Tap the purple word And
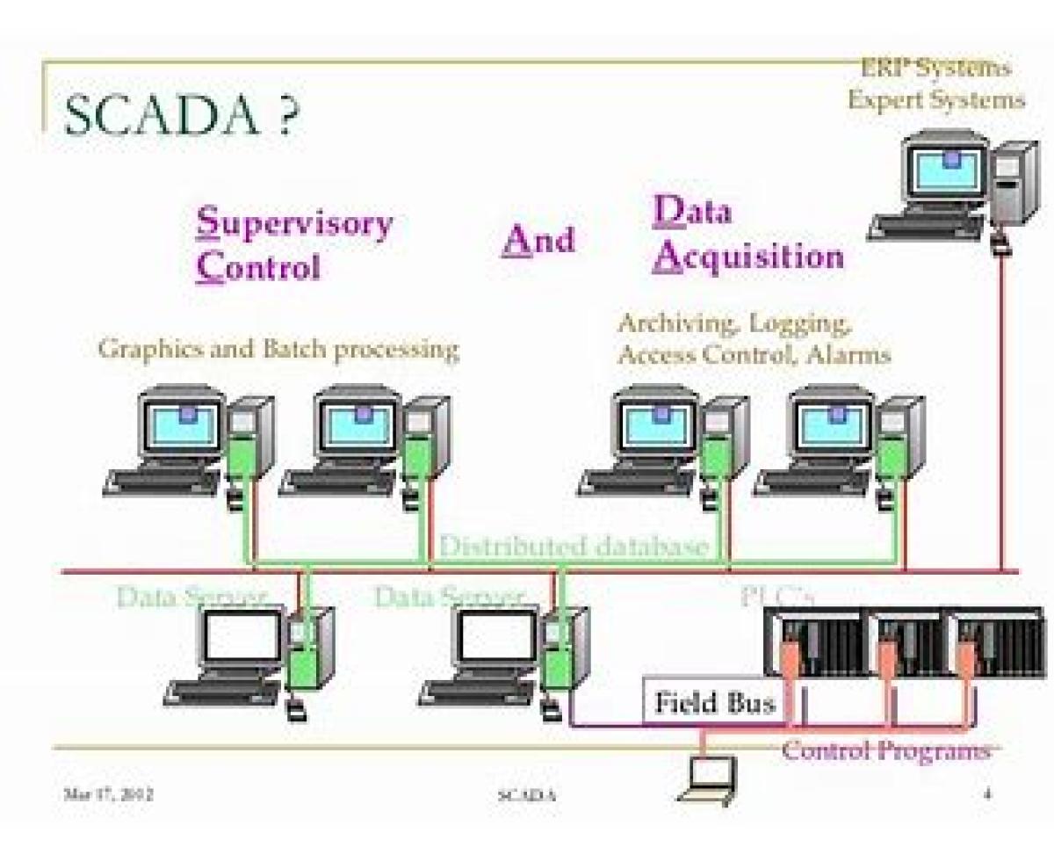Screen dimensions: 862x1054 point(538,239)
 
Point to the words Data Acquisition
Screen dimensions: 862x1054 point(747,235)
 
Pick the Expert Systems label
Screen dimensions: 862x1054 point(935,99)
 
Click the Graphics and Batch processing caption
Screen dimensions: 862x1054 point(278,349)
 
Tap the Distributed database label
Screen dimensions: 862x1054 point(573,547)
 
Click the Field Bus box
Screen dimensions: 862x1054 point(715,703)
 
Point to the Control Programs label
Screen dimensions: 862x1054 point(885,751)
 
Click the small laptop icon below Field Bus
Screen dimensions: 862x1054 point(708,778)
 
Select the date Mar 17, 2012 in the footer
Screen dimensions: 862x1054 point(109,794)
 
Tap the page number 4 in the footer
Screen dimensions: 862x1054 point(987,794)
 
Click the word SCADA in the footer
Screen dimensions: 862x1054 point(527,796)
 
